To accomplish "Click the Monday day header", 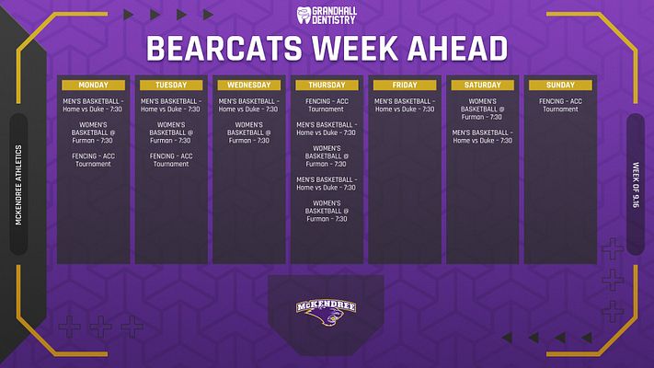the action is click(94, 86).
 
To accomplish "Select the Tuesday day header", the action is click(171, 86).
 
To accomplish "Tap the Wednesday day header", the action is click(249, 86).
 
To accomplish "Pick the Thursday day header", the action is click(327, 86).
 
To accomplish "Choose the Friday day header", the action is click(405, 86).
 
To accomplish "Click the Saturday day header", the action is click(483, 86).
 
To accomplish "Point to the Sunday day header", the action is click(560, 86).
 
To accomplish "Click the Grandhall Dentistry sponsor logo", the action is click(327, 15).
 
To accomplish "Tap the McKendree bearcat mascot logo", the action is click(327, 313).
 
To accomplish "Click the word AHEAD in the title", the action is click(457, 49).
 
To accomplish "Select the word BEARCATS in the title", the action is click(224, 49).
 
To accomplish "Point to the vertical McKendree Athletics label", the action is click(18, 185).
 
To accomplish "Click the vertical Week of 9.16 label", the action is click(636, 185).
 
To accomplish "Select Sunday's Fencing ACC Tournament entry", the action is click(560, 105).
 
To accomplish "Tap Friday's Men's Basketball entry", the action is click(405, 105).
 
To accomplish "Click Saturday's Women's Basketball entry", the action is click(483, 109).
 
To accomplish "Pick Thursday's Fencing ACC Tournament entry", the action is click(327, 105).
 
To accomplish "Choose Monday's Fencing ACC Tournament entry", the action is click(94, 160).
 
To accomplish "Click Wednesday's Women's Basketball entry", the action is click(249, 132).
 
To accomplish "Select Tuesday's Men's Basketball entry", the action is click(171, 105).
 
